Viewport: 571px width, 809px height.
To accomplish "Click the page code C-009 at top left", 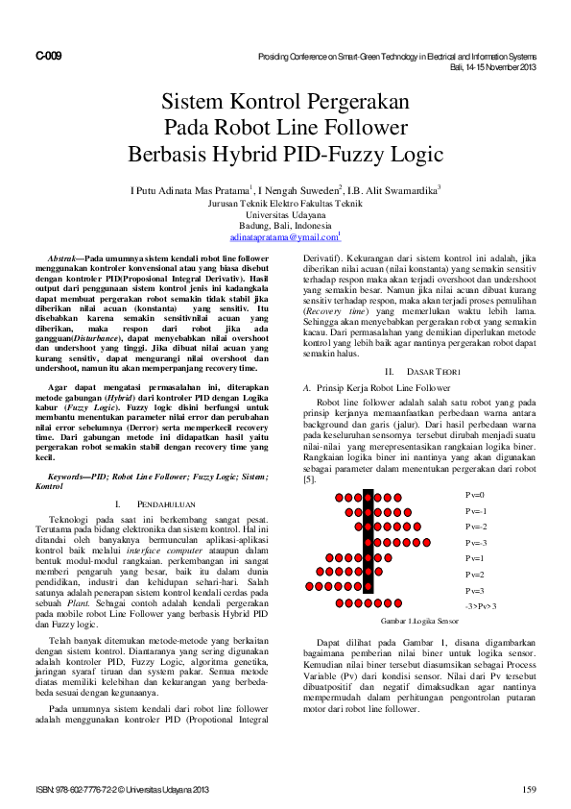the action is click(49, 57).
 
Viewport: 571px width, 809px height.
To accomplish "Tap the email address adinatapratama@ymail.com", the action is click(285, 235).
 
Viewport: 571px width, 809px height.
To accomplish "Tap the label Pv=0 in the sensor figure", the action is click(475, 496).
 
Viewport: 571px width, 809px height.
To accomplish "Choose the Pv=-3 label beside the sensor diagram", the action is click(477, 543).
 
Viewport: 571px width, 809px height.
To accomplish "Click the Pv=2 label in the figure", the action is click(475, 575).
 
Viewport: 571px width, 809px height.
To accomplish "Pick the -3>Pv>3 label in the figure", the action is click(480, 607).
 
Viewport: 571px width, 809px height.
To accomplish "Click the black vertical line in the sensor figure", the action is click(368, 548).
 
